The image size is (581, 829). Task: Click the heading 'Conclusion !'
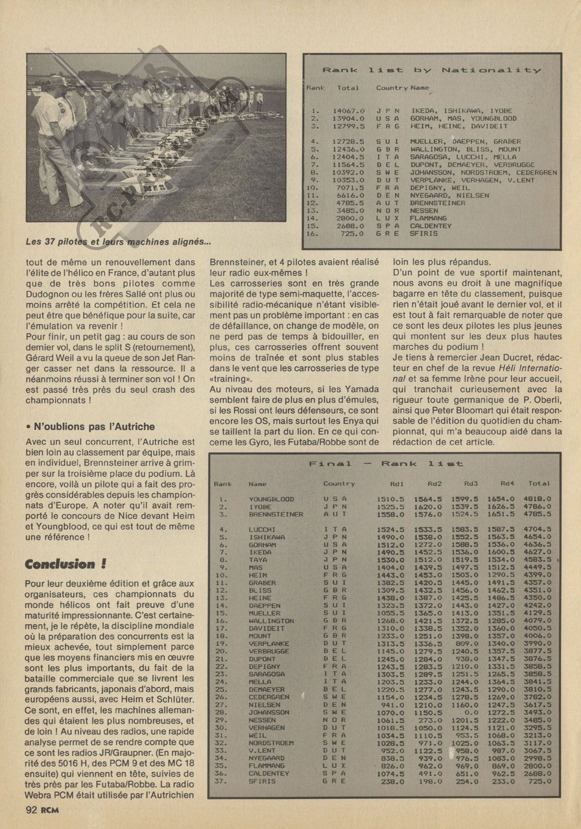(66, 564)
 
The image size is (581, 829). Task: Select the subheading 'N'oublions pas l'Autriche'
(90, 427)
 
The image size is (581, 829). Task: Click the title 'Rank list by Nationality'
(431, 71)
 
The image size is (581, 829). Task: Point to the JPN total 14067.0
(349, 111)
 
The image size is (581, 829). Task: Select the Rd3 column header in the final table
(471, 483)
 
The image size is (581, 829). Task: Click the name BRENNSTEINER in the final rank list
(276, 514)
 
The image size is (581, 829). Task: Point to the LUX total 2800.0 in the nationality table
(349, 218)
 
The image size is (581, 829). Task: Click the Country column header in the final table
(339, 484)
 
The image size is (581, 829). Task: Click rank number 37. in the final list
(223, 781)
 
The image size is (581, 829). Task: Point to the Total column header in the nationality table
(348, 88)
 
